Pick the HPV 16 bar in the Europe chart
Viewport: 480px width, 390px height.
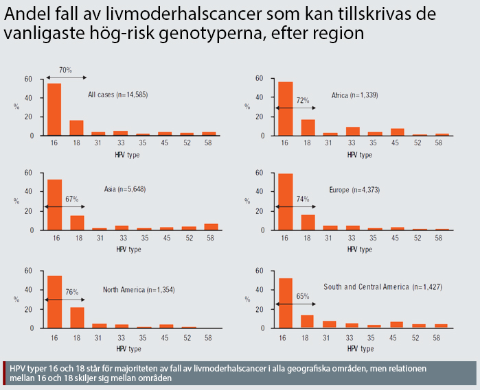(286, 202)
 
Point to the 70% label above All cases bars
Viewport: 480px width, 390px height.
(65, 71)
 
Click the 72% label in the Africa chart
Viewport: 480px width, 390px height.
(303, 101)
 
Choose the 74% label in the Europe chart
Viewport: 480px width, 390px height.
(303, 199)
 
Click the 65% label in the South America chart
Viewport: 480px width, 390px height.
(303, 297)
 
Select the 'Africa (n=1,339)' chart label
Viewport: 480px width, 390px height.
(354, 95)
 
